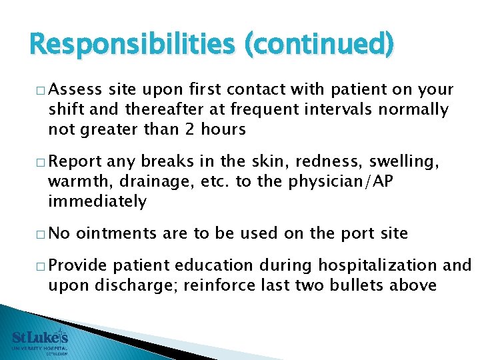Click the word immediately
(x=97, y=201)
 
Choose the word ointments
(x=115, y=233)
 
